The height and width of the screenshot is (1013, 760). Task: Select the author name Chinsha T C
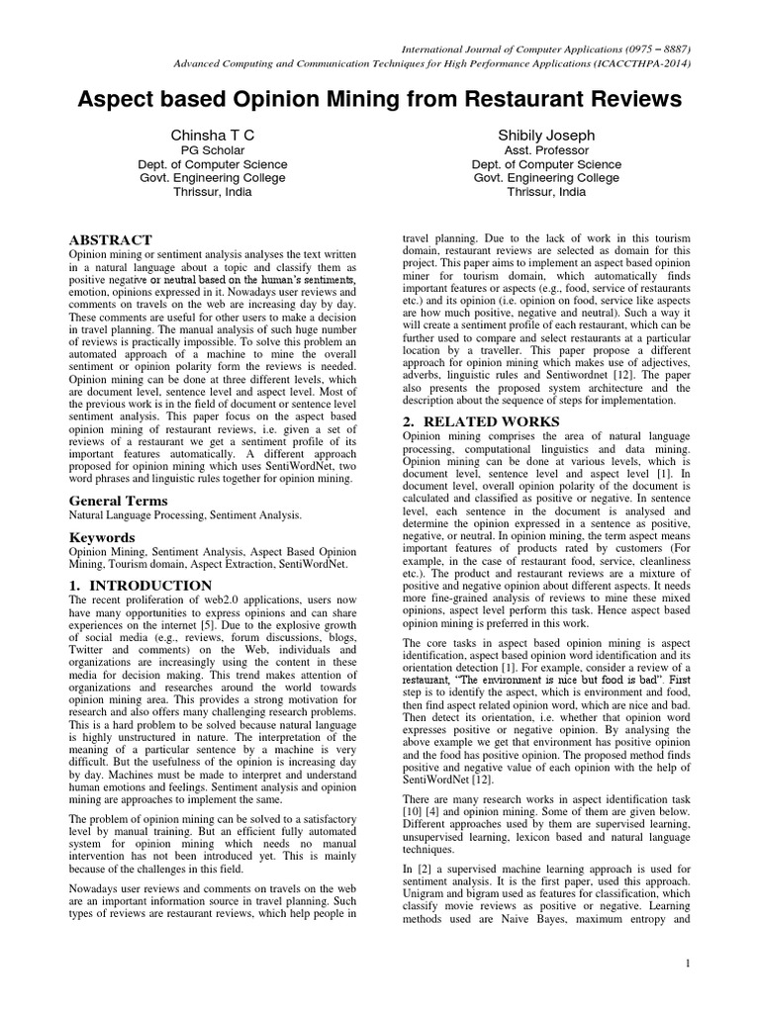tap(213, 134)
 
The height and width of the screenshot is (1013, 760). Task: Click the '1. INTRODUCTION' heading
tap(140, 586)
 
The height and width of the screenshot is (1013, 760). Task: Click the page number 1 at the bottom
tap(686, 963)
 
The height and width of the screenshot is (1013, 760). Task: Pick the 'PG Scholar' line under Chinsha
tap(213, 150)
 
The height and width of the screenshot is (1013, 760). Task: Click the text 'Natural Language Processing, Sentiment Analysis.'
tap(185, 516)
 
